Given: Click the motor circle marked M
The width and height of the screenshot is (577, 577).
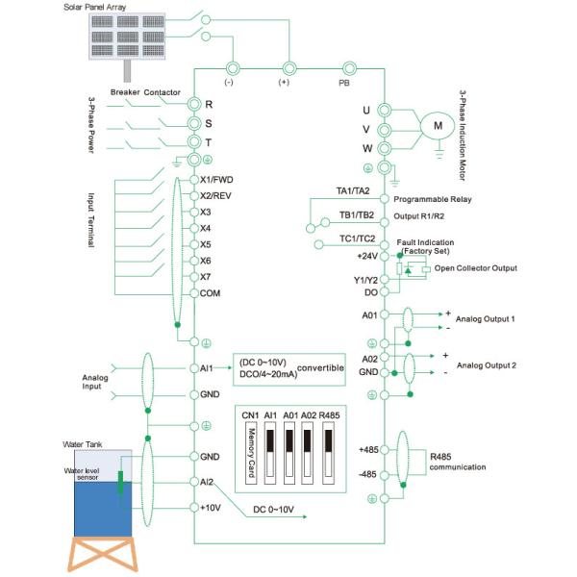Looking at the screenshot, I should (438, 125).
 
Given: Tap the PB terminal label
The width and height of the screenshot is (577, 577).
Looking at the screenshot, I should (344, 83).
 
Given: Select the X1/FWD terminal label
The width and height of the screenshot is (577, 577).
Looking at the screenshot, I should (218, 180).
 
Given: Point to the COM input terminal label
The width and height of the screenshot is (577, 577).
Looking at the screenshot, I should (212, 292).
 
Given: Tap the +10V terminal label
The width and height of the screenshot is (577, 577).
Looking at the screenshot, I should (212, 506).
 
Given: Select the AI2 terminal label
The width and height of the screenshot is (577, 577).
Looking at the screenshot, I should (207, 481).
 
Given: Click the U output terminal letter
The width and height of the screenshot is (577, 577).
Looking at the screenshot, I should (365, 110).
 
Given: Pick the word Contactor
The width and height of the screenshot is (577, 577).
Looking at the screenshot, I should (163, 92).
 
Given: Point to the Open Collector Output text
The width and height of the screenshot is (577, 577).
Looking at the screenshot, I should (476, 267).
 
